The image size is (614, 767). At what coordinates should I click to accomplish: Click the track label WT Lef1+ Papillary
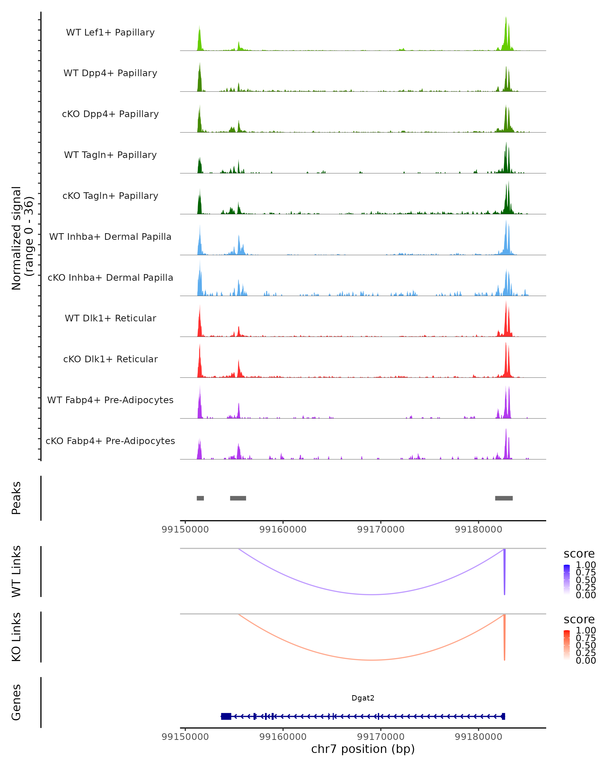tap(110, 32)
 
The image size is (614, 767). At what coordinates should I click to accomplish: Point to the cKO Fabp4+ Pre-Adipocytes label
tap(110, 441)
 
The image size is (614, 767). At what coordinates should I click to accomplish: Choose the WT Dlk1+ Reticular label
tap(110, 318)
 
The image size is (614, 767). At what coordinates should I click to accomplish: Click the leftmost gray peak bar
tap(200, 498)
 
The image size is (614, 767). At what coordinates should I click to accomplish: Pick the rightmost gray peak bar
tap(504, 498)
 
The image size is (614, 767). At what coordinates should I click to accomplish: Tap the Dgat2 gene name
tap(363, 698)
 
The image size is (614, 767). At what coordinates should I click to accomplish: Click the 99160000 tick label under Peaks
tap(283, 529)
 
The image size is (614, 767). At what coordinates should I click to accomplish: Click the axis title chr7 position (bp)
tap(363, 749)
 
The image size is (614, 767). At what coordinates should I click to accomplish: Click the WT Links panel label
tap(16, 571)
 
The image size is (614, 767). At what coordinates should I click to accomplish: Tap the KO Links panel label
tap(16, 637)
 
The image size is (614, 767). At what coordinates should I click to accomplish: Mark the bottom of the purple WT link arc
tap(372, 594)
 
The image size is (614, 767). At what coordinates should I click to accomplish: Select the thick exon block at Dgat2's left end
tap(226, 716)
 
